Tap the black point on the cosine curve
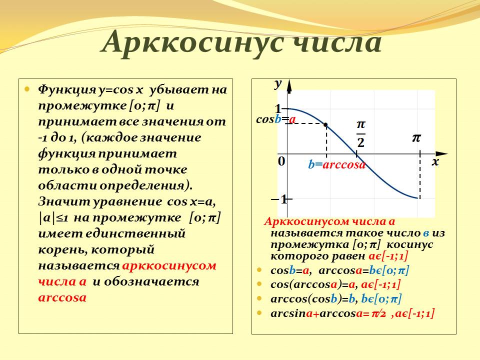(326, 124)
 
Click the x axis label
(435, 162)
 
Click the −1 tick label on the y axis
(279, 200)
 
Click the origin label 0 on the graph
(281, 161)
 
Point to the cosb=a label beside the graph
(276, 119)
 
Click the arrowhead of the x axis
(441, 153)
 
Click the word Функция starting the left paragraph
(67, 90)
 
